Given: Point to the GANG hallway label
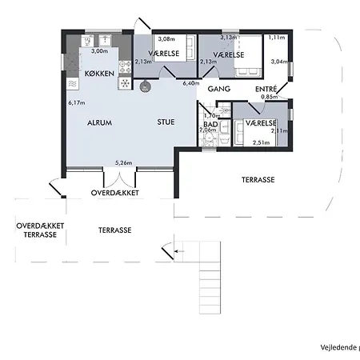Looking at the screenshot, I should tap(218, 90).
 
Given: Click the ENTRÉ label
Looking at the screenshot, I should tap(266, 89).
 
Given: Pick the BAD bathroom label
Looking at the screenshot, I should tap(211, 124).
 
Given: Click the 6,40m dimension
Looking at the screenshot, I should tap(190, 83).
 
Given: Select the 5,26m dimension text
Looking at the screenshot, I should tap(123, 162).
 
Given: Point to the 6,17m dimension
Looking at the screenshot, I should tap(76, 102).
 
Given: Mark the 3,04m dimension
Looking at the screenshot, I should tap(279, 62).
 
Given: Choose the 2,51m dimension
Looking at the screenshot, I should tap(261, 142).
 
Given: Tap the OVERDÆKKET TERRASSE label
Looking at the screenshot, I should tap(40, 231).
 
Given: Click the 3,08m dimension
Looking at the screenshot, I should tap(166, 39).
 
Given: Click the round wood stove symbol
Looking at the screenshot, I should tap(145, 86).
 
